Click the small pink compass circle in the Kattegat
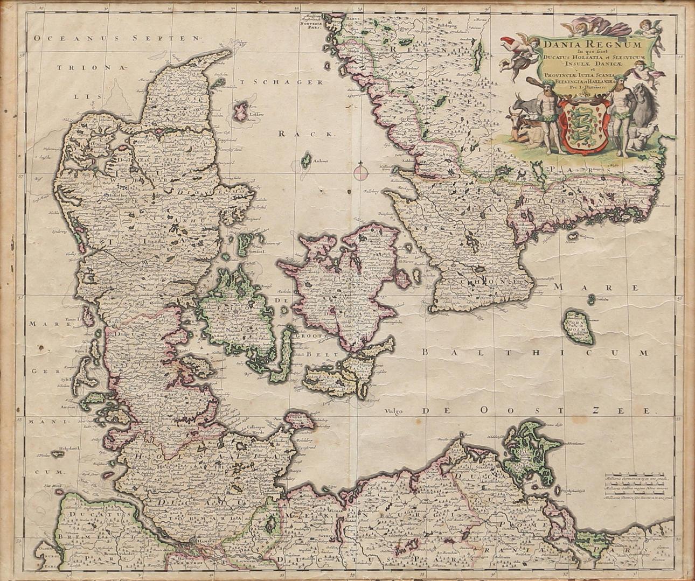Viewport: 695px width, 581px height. click(360, 173)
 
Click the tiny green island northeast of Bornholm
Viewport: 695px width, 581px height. click(592, 298)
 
